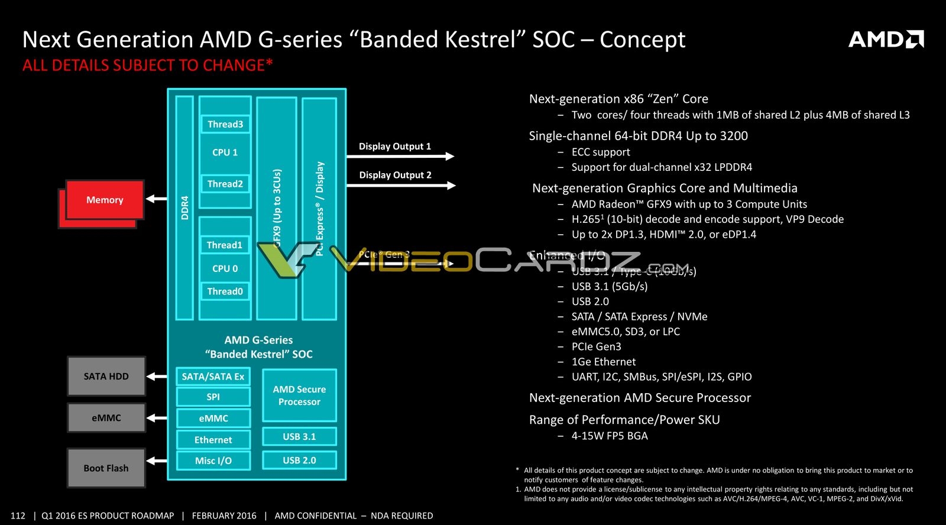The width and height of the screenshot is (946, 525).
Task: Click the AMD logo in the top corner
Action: click(886, 40)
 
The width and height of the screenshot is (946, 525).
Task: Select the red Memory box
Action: click(105, 200)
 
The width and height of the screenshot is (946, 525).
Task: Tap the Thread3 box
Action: click(225, 124)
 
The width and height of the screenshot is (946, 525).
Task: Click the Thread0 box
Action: click(225, 291)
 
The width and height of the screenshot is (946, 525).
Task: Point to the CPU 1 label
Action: click(225, 153)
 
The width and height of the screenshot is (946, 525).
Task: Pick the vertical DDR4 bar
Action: click(184, 208)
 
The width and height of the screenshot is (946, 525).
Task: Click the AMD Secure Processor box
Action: click(299, 395)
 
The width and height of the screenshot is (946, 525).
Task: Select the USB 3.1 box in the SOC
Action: click(299, 436)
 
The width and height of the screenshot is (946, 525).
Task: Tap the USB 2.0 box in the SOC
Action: click(299, 460)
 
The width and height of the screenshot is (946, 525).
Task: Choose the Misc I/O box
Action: click(213, 461)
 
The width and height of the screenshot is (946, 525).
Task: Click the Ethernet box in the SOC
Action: click(213, 440)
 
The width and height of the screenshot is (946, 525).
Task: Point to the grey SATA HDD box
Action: click(106, 376)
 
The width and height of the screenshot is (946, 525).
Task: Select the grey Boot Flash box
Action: click(106, 468)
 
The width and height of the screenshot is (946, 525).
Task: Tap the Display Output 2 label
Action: click(395, 175)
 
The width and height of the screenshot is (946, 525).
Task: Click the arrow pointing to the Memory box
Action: click(156, 199)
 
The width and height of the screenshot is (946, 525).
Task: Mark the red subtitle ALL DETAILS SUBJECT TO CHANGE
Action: click(147, 65)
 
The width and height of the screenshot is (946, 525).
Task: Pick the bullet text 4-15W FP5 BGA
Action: click(610, 436)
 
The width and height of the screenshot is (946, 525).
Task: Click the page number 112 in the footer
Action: click(18, 516)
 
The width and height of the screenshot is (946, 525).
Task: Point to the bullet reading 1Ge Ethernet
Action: click(604, 362)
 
